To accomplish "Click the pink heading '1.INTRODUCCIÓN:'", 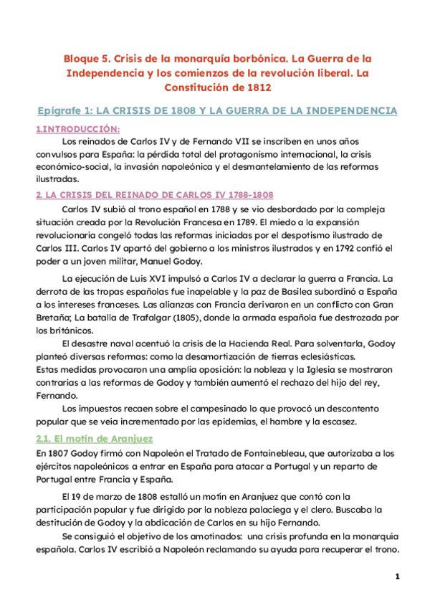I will tap(77, 128).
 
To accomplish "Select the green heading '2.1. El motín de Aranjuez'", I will tap(95, 437).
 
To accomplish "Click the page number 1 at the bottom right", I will tap(396, 576).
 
